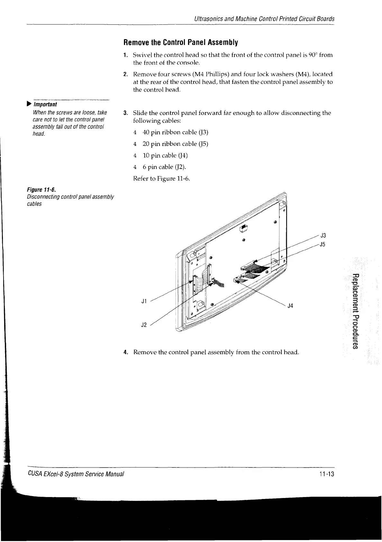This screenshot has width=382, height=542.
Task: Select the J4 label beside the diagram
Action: (290, 306)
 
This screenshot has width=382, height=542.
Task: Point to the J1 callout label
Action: (144, 301)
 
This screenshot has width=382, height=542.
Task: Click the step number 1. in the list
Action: (126, 55)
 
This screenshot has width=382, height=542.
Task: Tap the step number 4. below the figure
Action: (126, 352)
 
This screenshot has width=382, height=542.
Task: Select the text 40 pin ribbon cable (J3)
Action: (173, 132)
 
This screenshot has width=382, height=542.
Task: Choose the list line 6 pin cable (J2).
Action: (164, 167)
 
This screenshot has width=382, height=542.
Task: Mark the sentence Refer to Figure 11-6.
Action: (161, 179)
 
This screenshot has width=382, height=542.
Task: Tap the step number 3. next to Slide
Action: (126, 113)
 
